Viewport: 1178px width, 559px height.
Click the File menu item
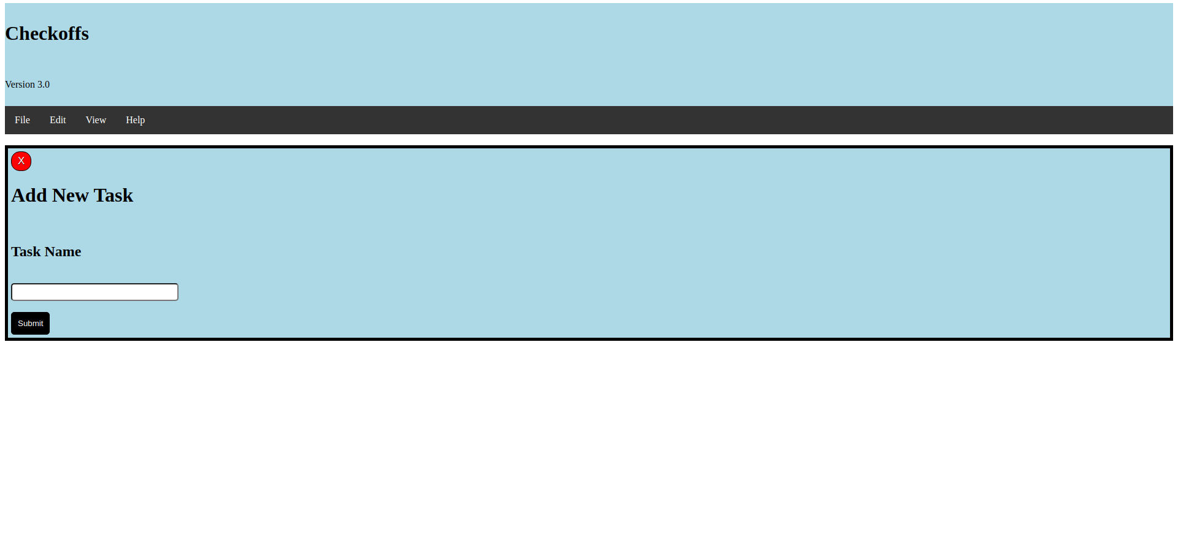pyautogui.click(x=22, y=120)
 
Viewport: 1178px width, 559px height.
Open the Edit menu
pyautogui.click(x=58, y=120)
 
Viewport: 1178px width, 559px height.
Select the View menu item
pyautogui.click(x=96, y=120)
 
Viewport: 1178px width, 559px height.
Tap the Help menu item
pyautogui.click(x=135, y=120)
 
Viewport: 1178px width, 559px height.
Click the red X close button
pyautogui.click(x=21, y=161)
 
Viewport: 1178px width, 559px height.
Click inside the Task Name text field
pyautogui.click(x=94, y=292)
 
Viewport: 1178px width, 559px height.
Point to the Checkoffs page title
pyautogui.click(x=47, y=34)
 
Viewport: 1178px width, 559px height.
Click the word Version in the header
pyautogui.click(x=20, y=85)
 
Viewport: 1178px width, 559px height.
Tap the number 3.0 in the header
pyautogui.click(x=44, y=85)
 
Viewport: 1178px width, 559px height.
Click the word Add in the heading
pyautogui.click(x=29, y=196)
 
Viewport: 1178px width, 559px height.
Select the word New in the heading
pyautogui.click(x=71, y=196)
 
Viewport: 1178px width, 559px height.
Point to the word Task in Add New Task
pyautogui.click(x=114, y=196)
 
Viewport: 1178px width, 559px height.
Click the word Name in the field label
pyautogui.click(x=63, y=252)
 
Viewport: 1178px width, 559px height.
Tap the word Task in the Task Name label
pyautogui.click(x=26, y=252)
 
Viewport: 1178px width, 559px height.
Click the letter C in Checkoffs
pyautogui.click(x=12, y=34)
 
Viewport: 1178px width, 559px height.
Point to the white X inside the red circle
pyautogui.click(x=21, y=161)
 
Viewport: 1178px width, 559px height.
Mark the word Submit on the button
pyautogui.click(x=30, y=324)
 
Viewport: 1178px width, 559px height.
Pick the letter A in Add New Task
pyautogui.click(x=18, y=196)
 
